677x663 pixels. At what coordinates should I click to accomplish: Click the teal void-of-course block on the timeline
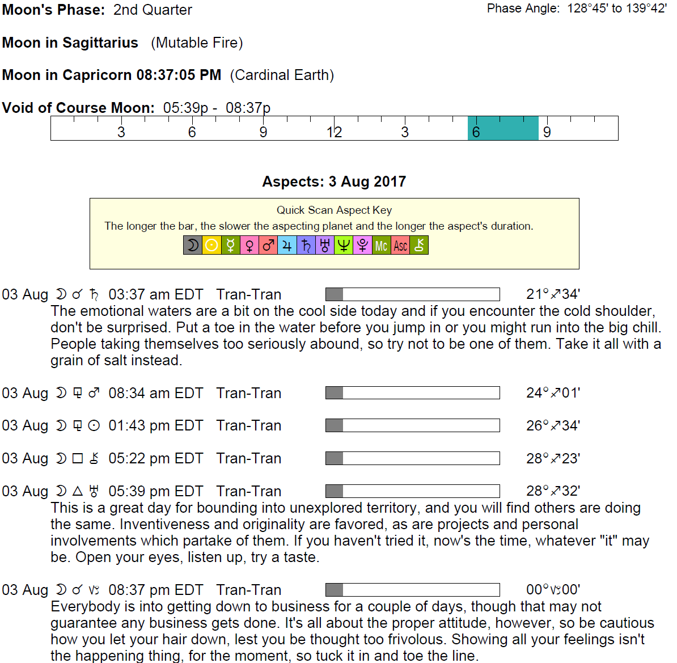[x=503, y=128]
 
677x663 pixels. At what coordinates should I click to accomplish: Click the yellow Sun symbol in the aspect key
[x=211, y=246]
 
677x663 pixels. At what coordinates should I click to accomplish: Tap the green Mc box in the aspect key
[x=381, y=246]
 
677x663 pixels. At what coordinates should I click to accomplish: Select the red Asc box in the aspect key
[x=400, y=246]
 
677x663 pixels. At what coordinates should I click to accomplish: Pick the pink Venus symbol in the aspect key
[x=249, y=246]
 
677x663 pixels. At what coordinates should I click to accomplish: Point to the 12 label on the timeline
[x=334, y=133]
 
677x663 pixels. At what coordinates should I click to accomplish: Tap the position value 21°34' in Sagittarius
[x=553, y=294]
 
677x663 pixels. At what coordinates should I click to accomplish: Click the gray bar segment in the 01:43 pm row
[x=335, y=425]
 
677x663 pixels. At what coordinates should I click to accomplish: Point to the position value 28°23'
[x=553, y=459]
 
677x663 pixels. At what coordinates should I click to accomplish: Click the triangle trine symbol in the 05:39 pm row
[x=78, y=491]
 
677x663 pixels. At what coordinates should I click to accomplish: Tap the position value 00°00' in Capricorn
[x=553, y=590]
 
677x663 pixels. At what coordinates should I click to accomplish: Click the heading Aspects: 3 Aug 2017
[x=334, y=182]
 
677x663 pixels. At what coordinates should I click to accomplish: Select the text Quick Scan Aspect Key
[x=334, y=210]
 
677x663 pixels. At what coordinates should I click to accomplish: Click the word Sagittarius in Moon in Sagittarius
[x=100, y=43]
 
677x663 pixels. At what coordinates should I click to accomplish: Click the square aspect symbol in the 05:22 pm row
[x=78, y=459]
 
